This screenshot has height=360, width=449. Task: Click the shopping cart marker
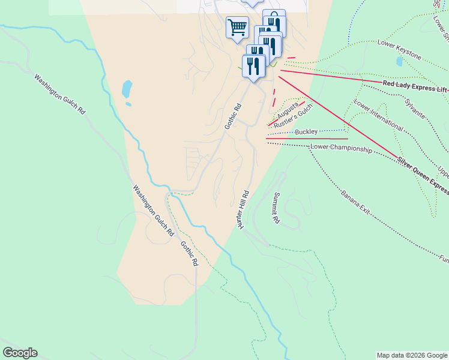coord(237,27)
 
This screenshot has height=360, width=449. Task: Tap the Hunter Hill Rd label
coord(243,209)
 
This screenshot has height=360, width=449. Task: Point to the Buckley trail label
coord(306,132)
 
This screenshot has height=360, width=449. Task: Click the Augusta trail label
coord(288,111)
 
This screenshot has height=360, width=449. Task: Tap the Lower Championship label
coord(341,149)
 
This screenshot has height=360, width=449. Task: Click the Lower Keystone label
coord(399,50)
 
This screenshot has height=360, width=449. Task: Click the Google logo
coord(20,353)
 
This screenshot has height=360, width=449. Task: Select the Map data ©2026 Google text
coord(412,355)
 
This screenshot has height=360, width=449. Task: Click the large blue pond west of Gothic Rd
coord(127,89)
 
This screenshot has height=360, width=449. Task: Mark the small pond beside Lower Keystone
coord(400,61)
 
